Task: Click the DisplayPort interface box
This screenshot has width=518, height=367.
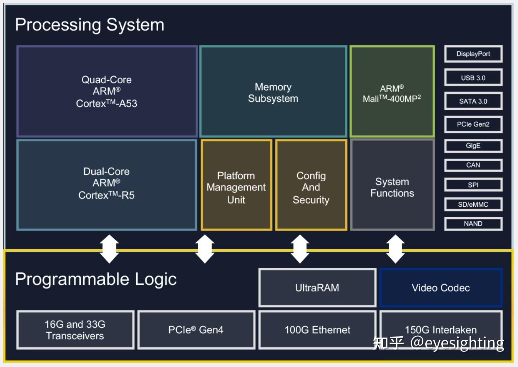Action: click(473, 54)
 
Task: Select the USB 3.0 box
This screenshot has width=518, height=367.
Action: click(473, 77)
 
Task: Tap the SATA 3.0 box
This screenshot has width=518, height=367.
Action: click(473, 101)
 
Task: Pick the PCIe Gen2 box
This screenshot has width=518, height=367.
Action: click(473, 124)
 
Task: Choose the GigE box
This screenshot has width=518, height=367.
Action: click(473, 146)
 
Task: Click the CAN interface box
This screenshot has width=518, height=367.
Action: click(473, 165)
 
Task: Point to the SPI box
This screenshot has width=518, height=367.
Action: click(473, 185)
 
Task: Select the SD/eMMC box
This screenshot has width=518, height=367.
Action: click(473, 204)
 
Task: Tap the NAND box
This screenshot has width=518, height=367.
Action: click(473, 223)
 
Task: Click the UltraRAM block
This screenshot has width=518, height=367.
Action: click(317, 288)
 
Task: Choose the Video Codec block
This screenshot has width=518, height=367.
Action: click(441, 288)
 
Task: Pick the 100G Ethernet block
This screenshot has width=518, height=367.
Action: click(317, 330)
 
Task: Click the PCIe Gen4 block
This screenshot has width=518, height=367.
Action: click(196, 330)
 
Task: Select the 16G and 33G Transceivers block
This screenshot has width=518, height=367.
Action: click(75, 330)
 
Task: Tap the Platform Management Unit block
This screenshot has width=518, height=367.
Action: click(236, 185)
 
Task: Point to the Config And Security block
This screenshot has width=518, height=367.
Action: click(311, 185)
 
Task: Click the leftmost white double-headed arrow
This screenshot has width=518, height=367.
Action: click(109, 249)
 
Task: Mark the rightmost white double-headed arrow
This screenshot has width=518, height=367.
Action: click(395, 249)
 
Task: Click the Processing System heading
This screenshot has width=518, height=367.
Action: click(90, 25)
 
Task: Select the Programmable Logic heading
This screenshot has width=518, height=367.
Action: click(96, 279)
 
